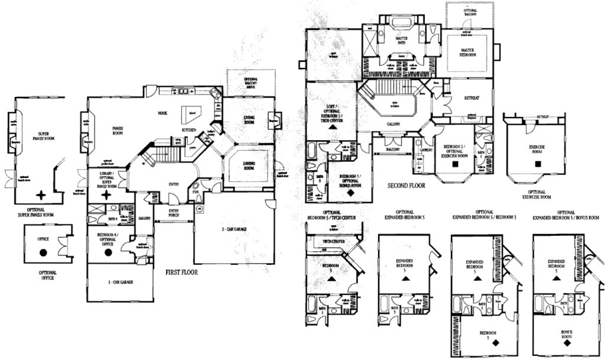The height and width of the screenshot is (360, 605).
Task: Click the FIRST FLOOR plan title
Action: [182, 273]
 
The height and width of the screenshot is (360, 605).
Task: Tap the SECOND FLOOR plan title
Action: [406, 185]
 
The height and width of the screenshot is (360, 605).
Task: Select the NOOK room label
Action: [162, 113]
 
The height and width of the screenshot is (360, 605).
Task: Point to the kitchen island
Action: [193, 113]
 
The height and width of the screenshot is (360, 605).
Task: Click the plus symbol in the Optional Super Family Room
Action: [41, 194]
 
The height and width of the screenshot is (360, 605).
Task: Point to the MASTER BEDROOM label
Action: [469, 53]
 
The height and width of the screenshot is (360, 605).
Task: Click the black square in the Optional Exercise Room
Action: [537, 163]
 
